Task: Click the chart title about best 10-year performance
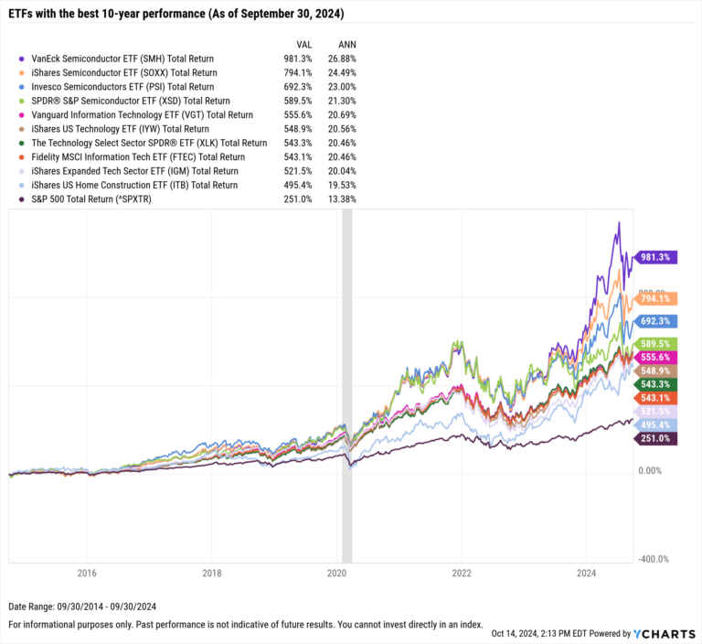click(177, 11)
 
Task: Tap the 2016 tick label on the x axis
click(87, 574)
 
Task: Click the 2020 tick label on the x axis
click(336, 574)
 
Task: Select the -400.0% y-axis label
click(654, 559)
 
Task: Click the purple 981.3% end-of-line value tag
click(655, 258)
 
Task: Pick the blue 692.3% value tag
click(655, 322)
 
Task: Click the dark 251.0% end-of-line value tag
click(655, 439)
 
